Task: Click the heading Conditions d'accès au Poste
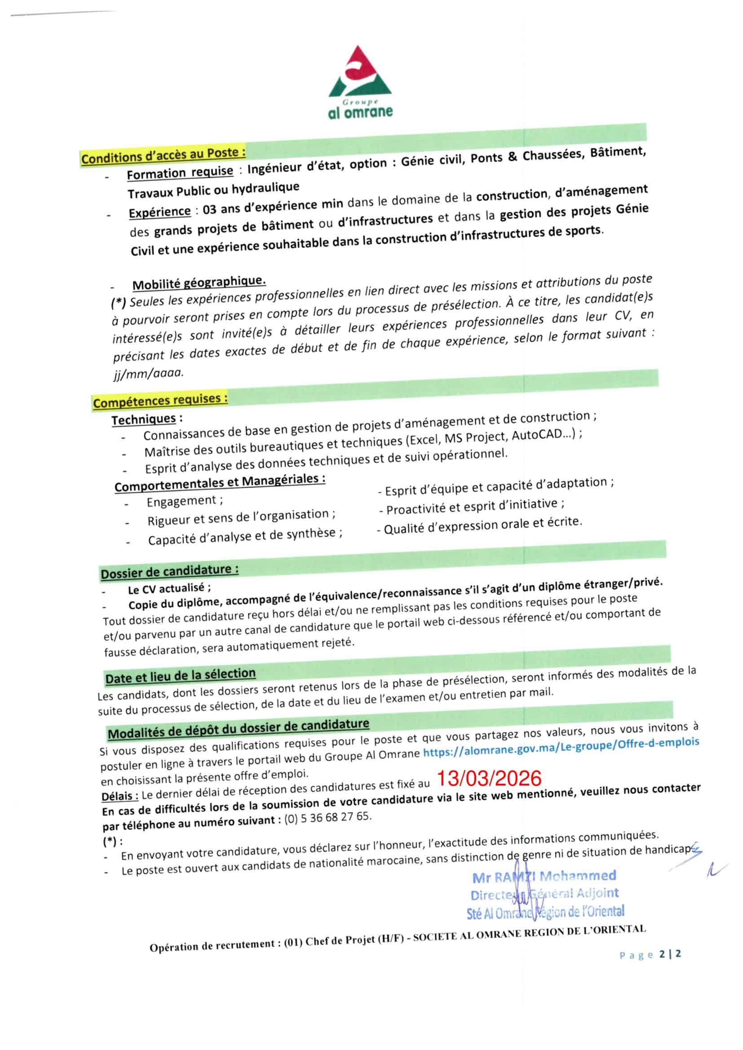coord(163,155)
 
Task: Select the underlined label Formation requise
coord(180,173)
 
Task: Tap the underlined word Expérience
coord(159,212)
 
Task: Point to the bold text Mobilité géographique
coord(199,282)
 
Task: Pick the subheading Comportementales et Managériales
coord(220,483)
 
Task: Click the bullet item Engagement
coord(181,501)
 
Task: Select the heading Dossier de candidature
coord(169,572)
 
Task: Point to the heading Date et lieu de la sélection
coord(180,676)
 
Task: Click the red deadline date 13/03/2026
coord(489,778)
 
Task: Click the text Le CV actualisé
coord(169,589)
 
